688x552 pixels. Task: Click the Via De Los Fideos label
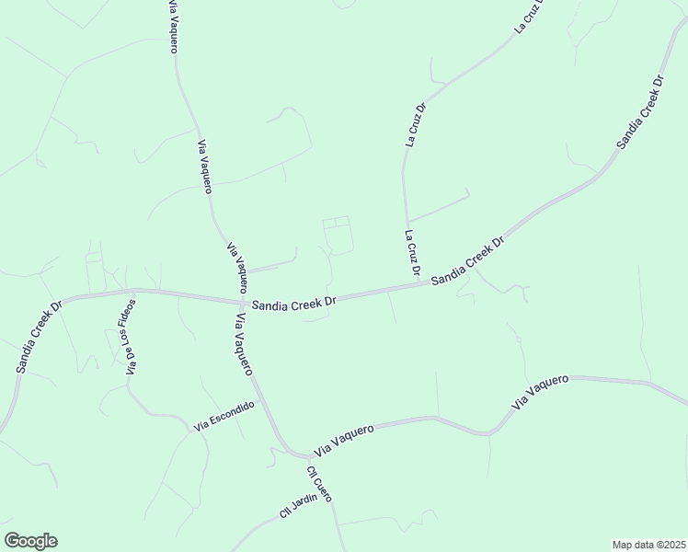(x=130, y=337)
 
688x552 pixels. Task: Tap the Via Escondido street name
(x=224, y=417)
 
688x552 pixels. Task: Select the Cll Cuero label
(x=319, y=484)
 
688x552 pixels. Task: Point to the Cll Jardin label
(x=298, y=505)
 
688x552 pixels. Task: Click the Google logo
(x=30, y=541)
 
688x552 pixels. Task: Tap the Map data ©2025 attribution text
(x=648, y=545)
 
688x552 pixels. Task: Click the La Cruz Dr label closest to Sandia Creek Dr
(x=412, y=253)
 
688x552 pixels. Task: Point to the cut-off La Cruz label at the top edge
(x=530, y=17)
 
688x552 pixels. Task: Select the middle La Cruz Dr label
(x=416, y=125)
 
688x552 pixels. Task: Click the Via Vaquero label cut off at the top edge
(x=172, y=27)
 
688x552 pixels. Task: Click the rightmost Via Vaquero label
(x=541, y=391)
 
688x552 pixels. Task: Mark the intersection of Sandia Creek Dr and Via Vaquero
(x=240, y=301)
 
